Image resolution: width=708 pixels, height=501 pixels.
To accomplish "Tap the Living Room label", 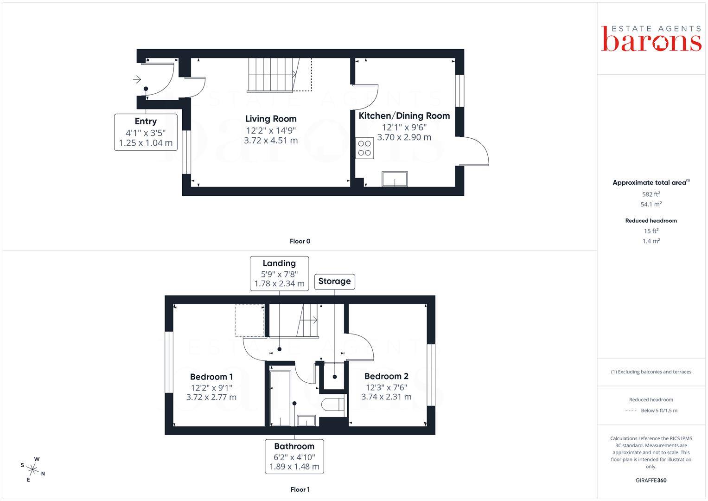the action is (271, 119).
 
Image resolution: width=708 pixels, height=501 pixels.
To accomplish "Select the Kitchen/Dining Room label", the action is (404, 116).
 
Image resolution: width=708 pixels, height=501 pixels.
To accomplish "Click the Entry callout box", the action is (146, 132).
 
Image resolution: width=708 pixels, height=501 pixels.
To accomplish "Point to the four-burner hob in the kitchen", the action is (364, 148).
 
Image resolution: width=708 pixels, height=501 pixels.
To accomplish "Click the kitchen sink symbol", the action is (395, 179).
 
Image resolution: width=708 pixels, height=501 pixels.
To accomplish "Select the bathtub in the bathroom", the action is (281, 398).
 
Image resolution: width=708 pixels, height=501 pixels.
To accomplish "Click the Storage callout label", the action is (334, 282).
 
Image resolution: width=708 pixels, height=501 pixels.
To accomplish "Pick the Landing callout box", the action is (280, 274).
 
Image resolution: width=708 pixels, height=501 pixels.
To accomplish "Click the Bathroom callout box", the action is (294, 456).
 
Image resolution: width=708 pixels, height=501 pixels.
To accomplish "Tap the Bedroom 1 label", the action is (211, 377).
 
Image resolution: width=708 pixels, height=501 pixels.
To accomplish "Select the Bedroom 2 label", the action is (386, 376).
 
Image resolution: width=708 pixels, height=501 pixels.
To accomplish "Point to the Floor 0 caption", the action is (300, 241).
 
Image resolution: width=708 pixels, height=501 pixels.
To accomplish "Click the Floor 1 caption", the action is (300, 489).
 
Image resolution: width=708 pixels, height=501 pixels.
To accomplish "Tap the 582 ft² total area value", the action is (651, 194).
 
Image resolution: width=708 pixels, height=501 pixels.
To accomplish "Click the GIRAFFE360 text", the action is (651, 481).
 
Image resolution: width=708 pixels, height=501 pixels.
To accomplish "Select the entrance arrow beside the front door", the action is (137, 79).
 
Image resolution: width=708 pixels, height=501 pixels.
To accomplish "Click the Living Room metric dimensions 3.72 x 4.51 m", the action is (271, 141).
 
